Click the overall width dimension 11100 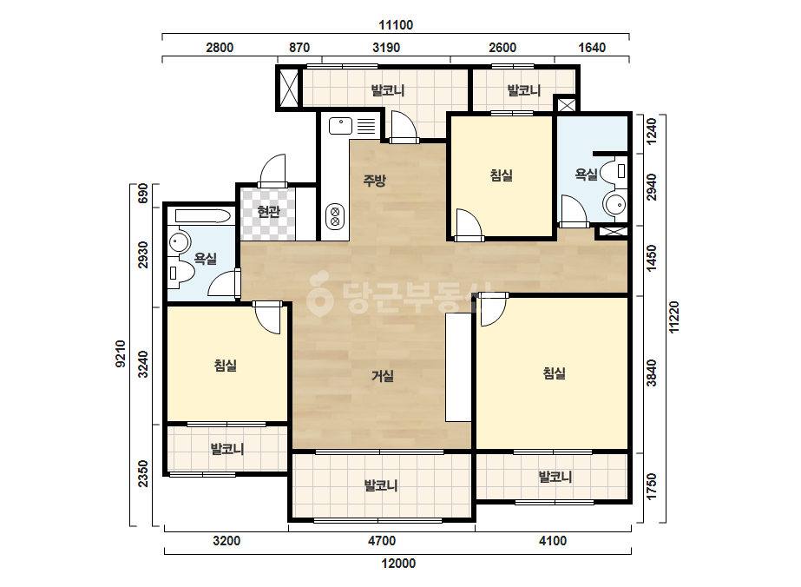396,25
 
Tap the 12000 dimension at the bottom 398,564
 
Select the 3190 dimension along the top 386,48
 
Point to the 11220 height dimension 674,318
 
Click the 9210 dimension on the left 121,353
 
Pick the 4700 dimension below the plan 382,541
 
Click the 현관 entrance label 269,211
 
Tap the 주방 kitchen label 374,181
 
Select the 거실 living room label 382,376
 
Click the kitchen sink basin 341,125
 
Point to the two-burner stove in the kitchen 335,216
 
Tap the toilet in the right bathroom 613,171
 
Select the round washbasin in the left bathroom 180,242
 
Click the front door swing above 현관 272,170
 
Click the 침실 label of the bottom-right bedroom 555,373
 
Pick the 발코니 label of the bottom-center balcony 381,485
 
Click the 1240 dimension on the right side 652,131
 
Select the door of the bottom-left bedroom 267,317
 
